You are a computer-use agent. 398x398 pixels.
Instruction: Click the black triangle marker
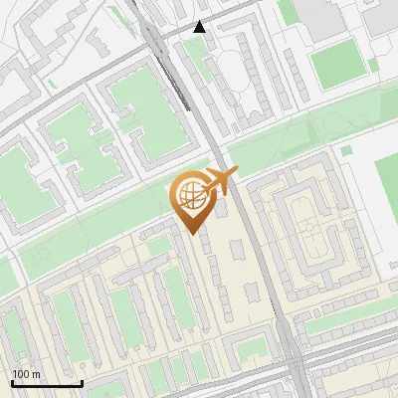pos(200,27)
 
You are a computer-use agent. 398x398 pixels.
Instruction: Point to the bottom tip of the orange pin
pos(191,234)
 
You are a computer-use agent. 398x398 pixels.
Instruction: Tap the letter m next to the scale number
pos(38,374)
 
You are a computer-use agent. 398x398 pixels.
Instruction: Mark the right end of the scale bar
pos(82,383)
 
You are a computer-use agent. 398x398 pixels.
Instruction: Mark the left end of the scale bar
pos(13,383)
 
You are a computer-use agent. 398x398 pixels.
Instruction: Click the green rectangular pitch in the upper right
pos(338,64)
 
